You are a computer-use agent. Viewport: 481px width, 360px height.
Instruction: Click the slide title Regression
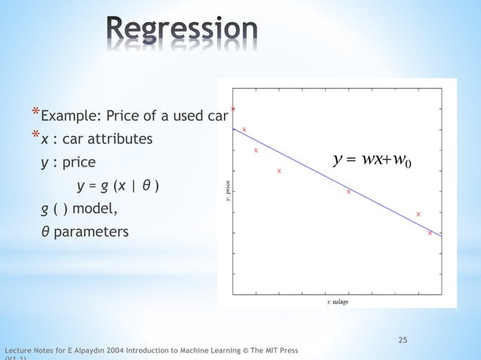(x=182, y=29)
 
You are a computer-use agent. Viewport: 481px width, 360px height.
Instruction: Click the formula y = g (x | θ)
(x=118, y=185)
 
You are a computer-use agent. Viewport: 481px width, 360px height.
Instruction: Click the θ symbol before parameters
(x=45, y=231)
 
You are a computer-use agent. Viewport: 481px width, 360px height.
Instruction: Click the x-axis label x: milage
(x=337, y=302)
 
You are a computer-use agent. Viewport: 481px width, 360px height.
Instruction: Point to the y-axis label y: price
(x=226, y=191)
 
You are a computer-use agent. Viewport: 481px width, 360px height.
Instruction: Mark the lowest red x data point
(x=430, y=233)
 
